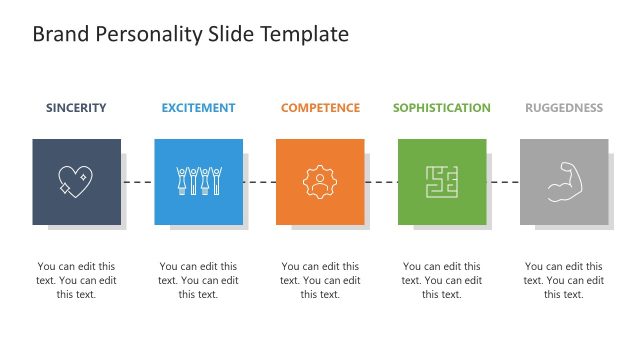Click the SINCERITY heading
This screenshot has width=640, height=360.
click(76, 108)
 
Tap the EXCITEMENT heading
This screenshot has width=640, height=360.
click(198, 108)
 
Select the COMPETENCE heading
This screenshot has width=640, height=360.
click(320, 108)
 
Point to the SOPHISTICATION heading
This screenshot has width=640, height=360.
click(442, 108)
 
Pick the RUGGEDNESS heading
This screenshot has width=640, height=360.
click(564, 108)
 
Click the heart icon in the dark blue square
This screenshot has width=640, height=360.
click(76, 181)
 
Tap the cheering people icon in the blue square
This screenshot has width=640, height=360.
click(198, 181)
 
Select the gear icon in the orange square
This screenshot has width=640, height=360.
click(320, 181)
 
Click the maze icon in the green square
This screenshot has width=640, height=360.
click(442, 181)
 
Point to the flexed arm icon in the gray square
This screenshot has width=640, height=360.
click(564, 181)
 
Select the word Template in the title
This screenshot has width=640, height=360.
click(304, 34)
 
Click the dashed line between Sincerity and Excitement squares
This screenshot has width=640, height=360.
click(138, 182)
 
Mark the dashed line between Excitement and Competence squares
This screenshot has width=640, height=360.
click(260, 182)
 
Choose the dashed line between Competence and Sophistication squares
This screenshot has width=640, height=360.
click(382, 182)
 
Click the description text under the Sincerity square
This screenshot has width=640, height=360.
click(76, 280)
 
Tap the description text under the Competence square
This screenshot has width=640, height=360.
click(320, 280)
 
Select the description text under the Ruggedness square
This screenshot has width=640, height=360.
click(564, 280)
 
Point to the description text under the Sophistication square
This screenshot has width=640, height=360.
click(442, 280)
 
